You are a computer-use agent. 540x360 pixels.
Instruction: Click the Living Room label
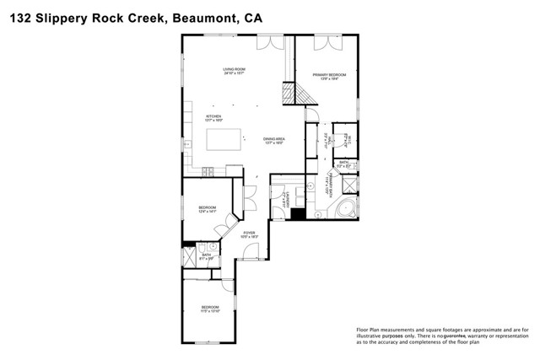point(234,71)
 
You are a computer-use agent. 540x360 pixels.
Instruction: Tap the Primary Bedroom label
point(330,77)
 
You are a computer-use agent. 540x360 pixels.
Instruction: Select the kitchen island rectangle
point(224,138)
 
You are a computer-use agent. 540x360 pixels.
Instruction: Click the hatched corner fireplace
point(293,92)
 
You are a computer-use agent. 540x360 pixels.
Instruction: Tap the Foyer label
point(249,234)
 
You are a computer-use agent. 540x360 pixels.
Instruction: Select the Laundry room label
point(288,200)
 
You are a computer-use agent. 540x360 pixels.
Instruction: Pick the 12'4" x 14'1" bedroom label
point(208,209)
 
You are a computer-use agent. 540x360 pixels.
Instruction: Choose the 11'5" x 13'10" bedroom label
point(209,308)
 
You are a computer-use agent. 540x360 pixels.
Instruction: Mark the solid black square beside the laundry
point(296,214)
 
